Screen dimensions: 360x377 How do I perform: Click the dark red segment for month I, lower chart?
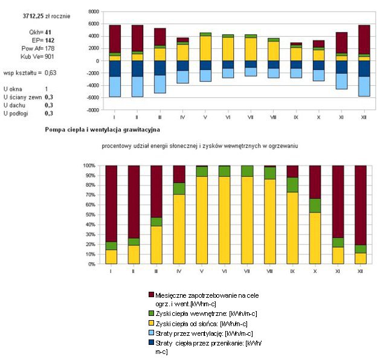(x=111, y=203)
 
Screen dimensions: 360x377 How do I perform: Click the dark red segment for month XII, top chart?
(x=364, y=39)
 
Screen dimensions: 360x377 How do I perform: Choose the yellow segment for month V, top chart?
(x=205, y=48)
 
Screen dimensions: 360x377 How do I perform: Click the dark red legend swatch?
(x=151, y=295)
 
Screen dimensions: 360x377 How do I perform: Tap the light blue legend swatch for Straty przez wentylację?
(x=151, y=333)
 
